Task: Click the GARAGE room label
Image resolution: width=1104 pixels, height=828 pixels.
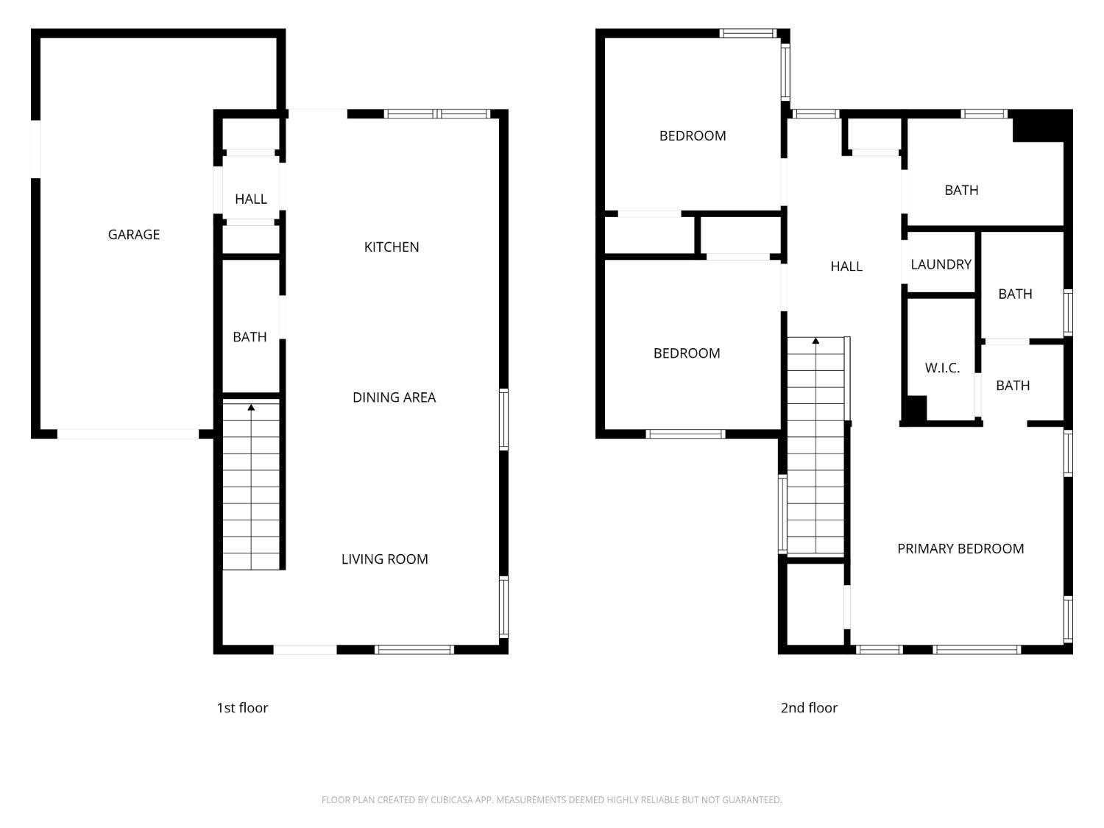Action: pos(134,235)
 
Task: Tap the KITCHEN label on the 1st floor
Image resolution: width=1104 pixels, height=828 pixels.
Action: pos(392,247)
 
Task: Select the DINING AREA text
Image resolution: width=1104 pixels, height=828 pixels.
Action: pos(394,397)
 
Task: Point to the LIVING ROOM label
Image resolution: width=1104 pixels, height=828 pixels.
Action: pos(384,559)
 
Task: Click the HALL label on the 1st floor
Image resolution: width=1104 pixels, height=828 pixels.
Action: pos(251,199)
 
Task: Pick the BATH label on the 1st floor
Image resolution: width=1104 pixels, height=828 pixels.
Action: pos(250,337)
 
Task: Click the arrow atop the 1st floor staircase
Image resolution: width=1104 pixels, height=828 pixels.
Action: pos(251,407)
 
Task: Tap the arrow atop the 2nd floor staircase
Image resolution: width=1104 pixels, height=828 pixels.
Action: pos(815,341)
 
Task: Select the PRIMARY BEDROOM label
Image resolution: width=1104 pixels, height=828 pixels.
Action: pos(960,549)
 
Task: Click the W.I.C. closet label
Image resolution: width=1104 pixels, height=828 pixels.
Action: pos(942,368)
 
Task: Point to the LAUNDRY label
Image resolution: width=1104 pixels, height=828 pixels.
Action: pos(941,264)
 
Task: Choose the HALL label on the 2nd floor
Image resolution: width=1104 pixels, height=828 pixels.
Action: pos(846,266)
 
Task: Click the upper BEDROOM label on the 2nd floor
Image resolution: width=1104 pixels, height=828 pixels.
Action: pos(693,136)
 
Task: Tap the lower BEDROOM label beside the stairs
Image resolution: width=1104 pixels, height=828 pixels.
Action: pos(687,353)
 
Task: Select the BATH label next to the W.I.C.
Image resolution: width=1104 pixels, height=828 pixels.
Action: pos(1013,386)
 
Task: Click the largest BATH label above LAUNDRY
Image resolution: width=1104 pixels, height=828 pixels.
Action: pos(961,191)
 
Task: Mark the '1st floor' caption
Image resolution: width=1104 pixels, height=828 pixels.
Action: pos(242,708)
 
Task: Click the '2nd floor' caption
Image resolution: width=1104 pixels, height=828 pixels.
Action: pos(809,708)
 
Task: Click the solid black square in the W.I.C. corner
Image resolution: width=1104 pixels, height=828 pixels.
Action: pos(915,408)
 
